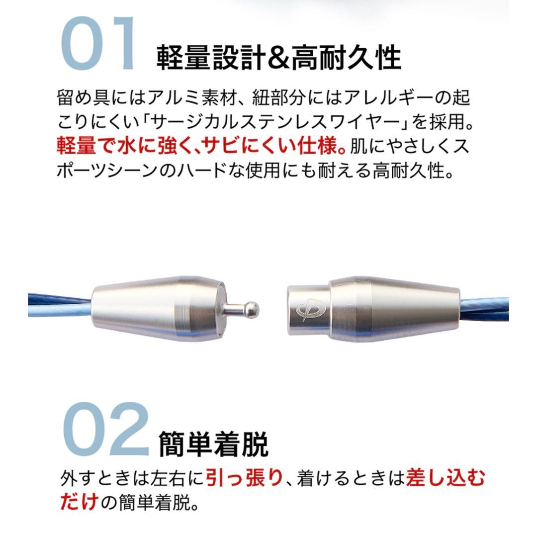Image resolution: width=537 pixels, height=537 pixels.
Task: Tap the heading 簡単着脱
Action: tap(213, 444)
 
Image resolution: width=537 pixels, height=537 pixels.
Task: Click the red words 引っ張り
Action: tap(244, 478)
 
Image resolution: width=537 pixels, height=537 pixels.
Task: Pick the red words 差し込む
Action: tap(446, 478)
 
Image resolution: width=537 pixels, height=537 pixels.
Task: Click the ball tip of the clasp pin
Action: tap(253, 309)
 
